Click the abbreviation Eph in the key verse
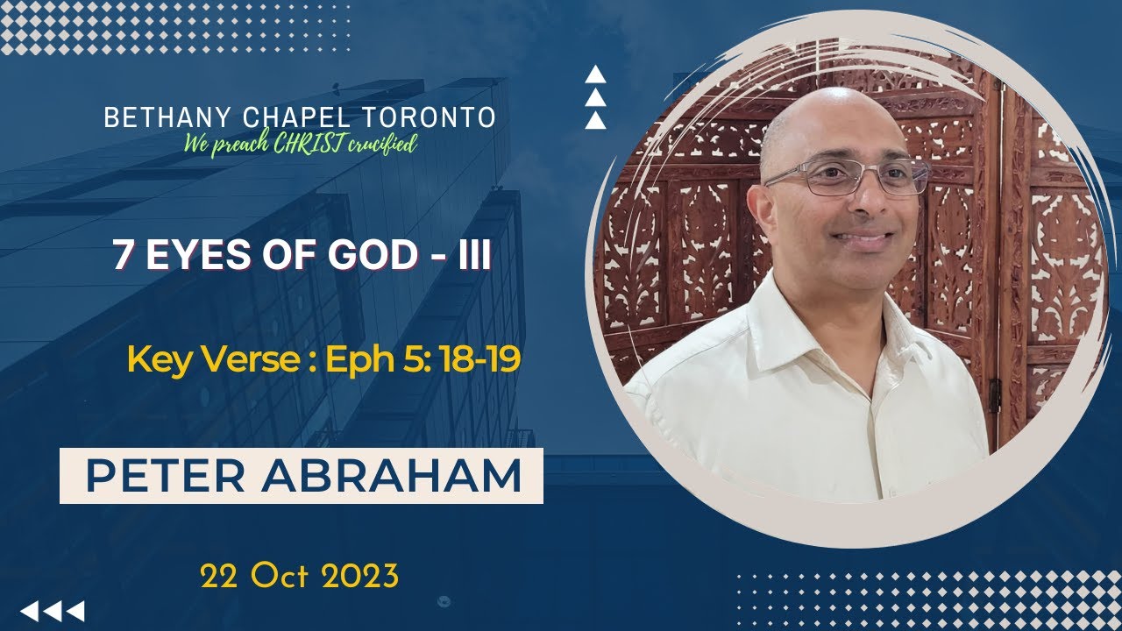tap(354, 360)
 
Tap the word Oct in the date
tap(280, 576)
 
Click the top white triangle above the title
tap(595, 74)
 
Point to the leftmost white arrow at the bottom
tap(28, 610)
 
